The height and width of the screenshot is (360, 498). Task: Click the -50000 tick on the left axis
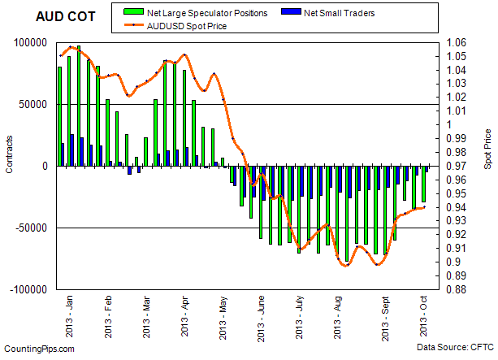click(30, 228)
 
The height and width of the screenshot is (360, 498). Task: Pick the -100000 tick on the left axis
click(28, 289)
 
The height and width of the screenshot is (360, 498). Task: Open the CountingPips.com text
click(39, 349)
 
